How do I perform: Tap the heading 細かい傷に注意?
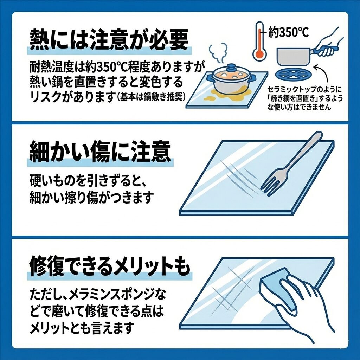click(100, 152)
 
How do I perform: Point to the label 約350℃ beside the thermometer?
click(289, 32)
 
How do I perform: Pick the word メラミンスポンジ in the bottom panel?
click(112, 295)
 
